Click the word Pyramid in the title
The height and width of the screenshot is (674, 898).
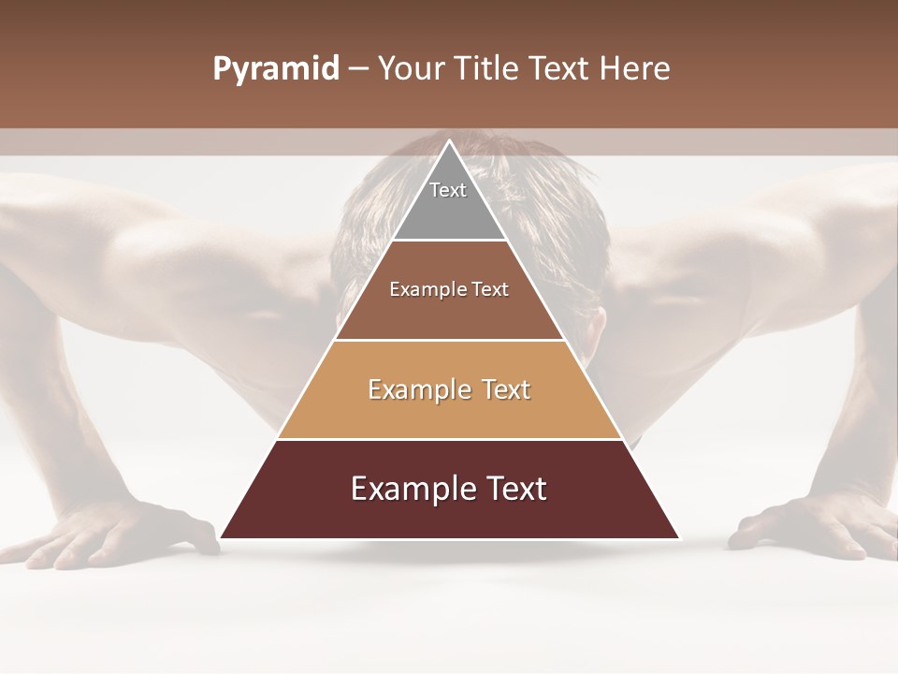pos(275,69)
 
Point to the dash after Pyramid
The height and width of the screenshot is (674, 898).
pos(357,69)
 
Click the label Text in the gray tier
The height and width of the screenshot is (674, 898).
pos(448,190)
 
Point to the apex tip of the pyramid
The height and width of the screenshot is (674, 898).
pos(450,142)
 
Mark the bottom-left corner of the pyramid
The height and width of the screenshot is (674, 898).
pos(222,537)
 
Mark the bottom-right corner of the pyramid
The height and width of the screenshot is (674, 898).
pos(678,537)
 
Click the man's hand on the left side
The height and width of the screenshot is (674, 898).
pos(112,534)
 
